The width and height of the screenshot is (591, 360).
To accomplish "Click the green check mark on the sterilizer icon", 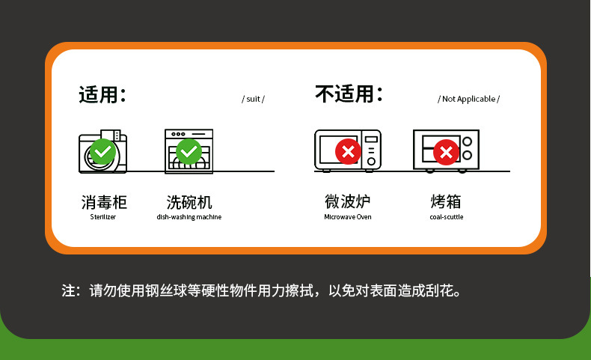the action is tap(102, 151).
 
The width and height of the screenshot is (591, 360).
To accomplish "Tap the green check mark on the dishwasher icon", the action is tap(189, 151).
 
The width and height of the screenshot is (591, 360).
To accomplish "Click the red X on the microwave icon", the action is tap(348, 151).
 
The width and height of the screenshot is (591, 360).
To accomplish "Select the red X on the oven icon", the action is tap(446, 152).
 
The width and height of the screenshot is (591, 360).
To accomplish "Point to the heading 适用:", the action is tap(102, 94).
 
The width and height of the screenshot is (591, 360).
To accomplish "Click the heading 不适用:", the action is tap(349, 94).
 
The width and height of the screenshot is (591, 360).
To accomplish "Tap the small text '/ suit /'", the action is tap(254, 99).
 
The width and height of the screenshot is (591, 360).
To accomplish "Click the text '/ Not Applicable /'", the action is tap(468, 99).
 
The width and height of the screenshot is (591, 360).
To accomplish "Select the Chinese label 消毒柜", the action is tap(104, 202).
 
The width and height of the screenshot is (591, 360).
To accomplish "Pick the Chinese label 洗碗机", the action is tap(189, 202).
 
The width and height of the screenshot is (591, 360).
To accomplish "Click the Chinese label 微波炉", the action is tap(348, 201).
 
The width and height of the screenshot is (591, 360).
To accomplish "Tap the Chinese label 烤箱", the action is tap(446, 201).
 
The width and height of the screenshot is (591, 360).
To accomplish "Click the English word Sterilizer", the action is tap(103, 217).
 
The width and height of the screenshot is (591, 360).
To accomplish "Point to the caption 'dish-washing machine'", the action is tap(189, 217).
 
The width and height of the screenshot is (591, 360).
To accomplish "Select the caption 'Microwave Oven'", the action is tap(348, 217).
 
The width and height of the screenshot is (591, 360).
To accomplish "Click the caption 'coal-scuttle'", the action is tap(447, 217).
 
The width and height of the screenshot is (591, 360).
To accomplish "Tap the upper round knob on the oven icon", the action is tap(468, 141).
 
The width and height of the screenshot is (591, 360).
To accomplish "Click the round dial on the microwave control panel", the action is tap(371, 162).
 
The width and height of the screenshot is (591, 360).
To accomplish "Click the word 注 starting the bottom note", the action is tap(68, 290).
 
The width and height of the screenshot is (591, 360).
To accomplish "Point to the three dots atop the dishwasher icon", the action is tap(178, 134).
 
